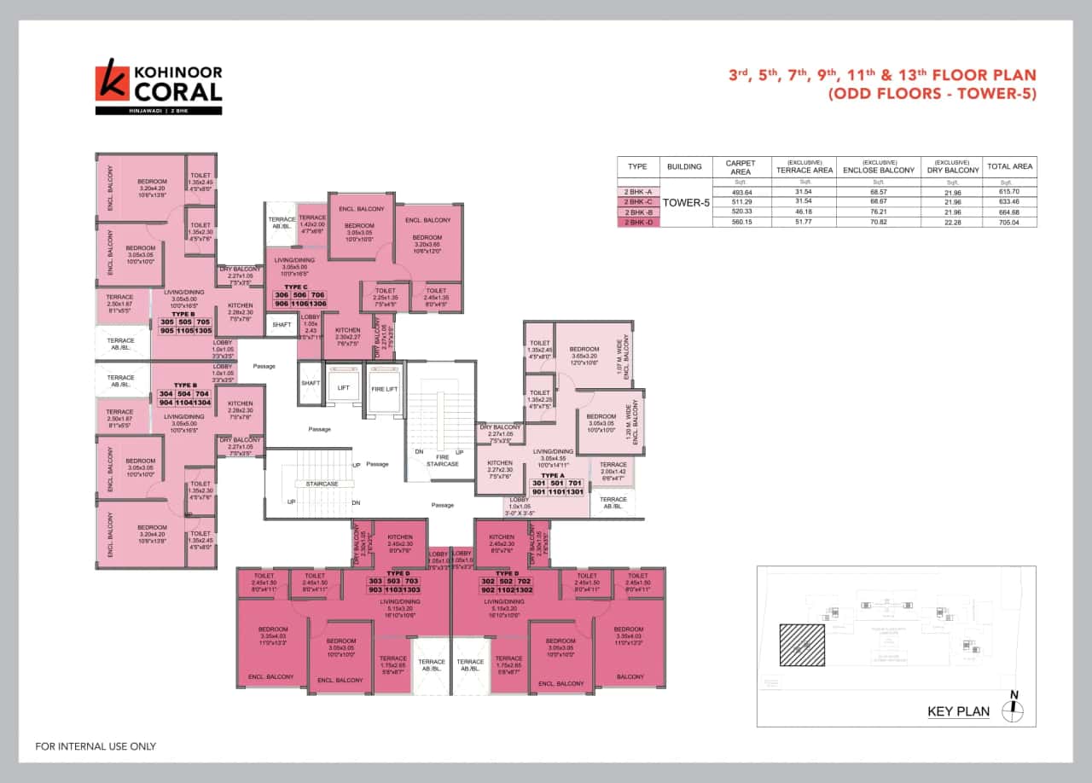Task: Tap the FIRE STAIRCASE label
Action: pyautogui.click(x=442, y=461)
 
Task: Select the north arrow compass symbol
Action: pyautogui.click(x=1014, y=707)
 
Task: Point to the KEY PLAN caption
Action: pyautogui.click(x=958, y=711)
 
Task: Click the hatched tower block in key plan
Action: pyautogui.click(x=802, y=646)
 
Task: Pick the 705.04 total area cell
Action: pyautogui.click(x=1011, y=222)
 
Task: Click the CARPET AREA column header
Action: pyautogui.click(x=741, y=167)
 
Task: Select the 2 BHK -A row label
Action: pyautogui.click(x=638, y=192)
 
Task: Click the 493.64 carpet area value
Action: pyautogui.click(x=741, y=192)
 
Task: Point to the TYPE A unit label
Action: pyautogui.click(x=553, y=475)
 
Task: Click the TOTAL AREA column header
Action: pyautogui.click(x=1011, y=167)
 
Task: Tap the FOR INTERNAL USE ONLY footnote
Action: pyautogui.click(x=96, y=746)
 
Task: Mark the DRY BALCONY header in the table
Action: pyautogui.click(x=953, y=167)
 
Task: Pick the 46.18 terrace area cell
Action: pyautogui.click(x=804, y=212)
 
